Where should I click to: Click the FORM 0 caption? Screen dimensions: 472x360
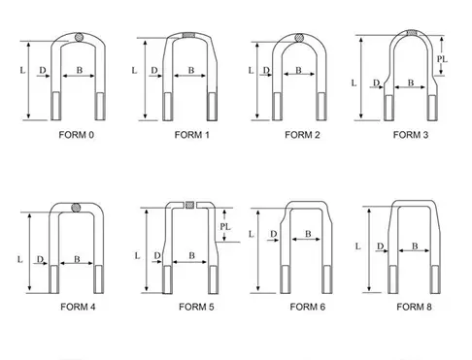77,135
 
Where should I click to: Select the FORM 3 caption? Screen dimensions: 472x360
411,135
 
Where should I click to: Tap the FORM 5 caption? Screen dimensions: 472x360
196,307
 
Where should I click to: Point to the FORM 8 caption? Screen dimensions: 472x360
414,307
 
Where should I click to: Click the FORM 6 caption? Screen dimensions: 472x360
308,307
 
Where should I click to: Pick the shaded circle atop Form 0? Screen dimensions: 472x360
79,37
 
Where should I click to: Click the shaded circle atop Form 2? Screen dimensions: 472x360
299,38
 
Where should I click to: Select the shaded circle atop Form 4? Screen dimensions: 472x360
76,208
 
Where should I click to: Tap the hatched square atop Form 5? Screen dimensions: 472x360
190,205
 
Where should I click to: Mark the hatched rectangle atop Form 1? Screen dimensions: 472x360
188,35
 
